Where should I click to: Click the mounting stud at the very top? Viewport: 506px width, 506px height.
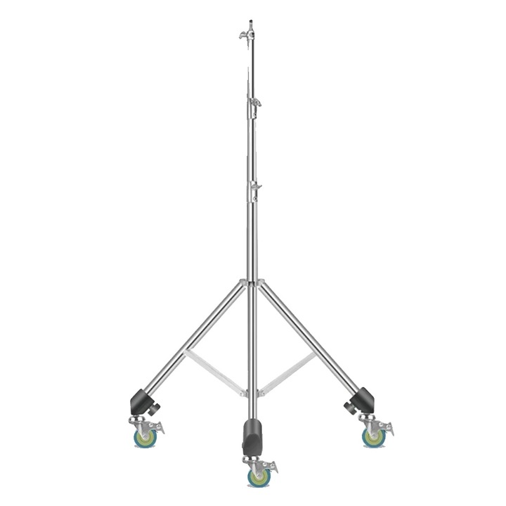251,22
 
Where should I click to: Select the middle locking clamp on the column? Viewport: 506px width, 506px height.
254,103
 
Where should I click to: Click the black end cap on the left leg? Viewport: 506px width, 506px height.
143,401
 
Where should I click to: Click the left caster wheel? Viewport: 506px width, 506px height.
145,437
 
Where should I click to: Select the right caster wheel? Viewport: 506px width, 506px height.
373,437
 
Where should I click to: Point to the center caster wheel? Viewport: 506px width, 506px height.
259,476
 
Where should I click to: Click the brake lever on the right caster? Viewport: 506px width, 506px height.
387,427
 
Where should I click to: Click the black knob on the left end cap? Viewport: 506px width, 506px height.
156,406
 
